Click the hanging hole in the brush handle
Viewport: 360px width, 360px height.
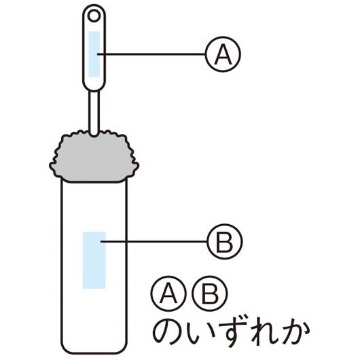(94, 16)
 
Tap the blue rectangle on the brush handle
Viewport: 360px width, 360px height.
(94, 54)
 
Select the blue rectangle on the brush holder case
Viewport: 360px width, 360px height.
(94, 260)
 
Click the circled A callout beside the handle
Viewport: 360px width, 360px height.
(223, 54)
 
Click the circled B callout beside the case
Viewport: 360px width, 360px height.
(225, 242)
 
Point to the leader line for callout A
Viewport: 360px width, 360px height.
(151, 54)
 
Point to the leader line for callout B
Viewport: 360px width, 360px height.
(154, 242)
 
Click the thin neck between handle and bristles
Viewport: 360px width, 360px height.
(94, 113)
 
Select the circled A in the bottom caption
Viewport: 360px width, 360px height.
(168, 293)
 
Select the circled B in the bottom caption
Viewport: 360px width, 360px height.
(210, 293)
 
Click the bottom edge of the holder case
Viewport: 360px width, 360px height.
(94, 353)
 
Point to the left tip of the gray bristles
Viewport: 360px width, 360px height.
(50, 165)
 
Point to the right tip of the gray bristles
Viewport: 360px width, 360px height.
(138, 165)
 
